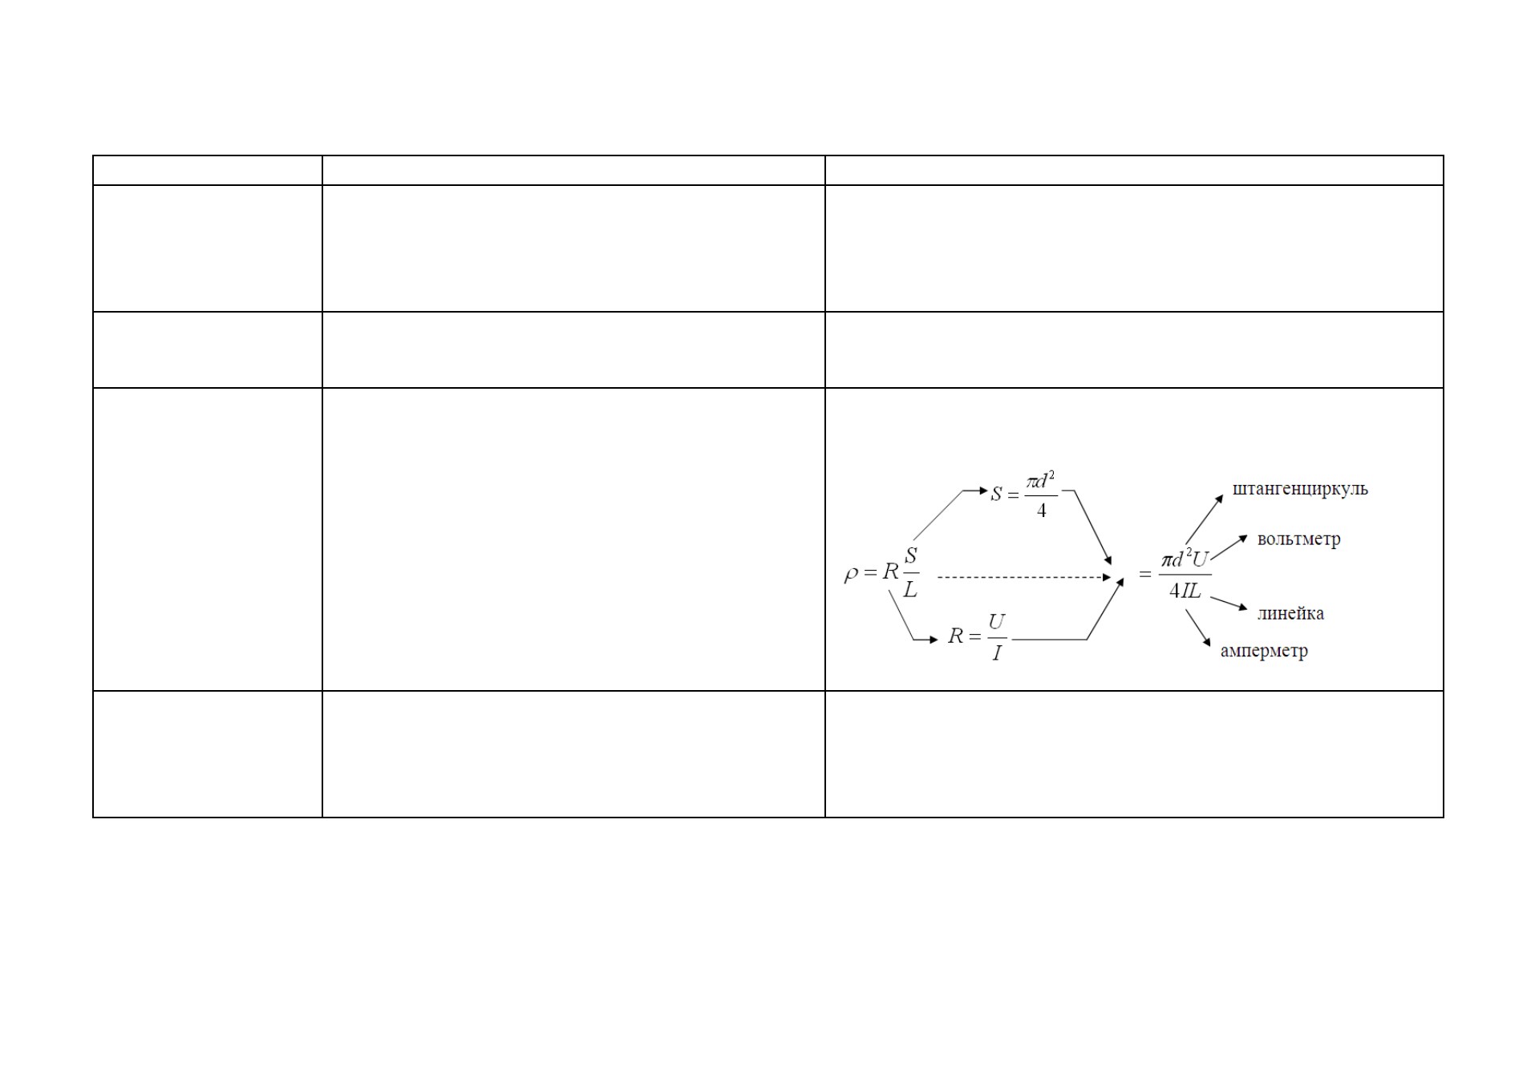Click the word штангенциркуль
click(x=1299, y=490)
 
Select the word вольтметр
click(x=1298, y=539)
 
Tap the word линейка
click(x=1290, y=614)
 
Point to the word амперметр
click(x=1264, y=652)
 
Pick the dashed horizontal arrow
click(x=1024, y=577)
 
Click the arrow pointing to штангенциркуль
click(x=1204, y=519)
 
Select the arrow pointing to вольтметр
click(x=1229, y=547)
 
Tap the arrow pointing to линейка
click(x=1229, y=604)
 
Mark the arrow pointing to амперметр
click(x=1198, y=628)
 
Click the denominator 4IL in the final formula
click(x=1185, y=591)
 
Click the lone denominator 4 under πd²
click(x=1041, y=511)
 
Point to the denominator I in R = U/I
click(x=997, y=653)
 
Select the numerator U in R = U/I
click(x=996, y=621)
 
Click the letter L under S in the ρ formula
click(x=910, y=590)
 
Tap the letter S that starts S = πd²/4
click(x=996, y=494)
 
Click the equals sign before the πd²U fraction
click(x=1145, y=574)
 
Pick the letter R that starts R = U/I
click(x=955, y=636)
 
